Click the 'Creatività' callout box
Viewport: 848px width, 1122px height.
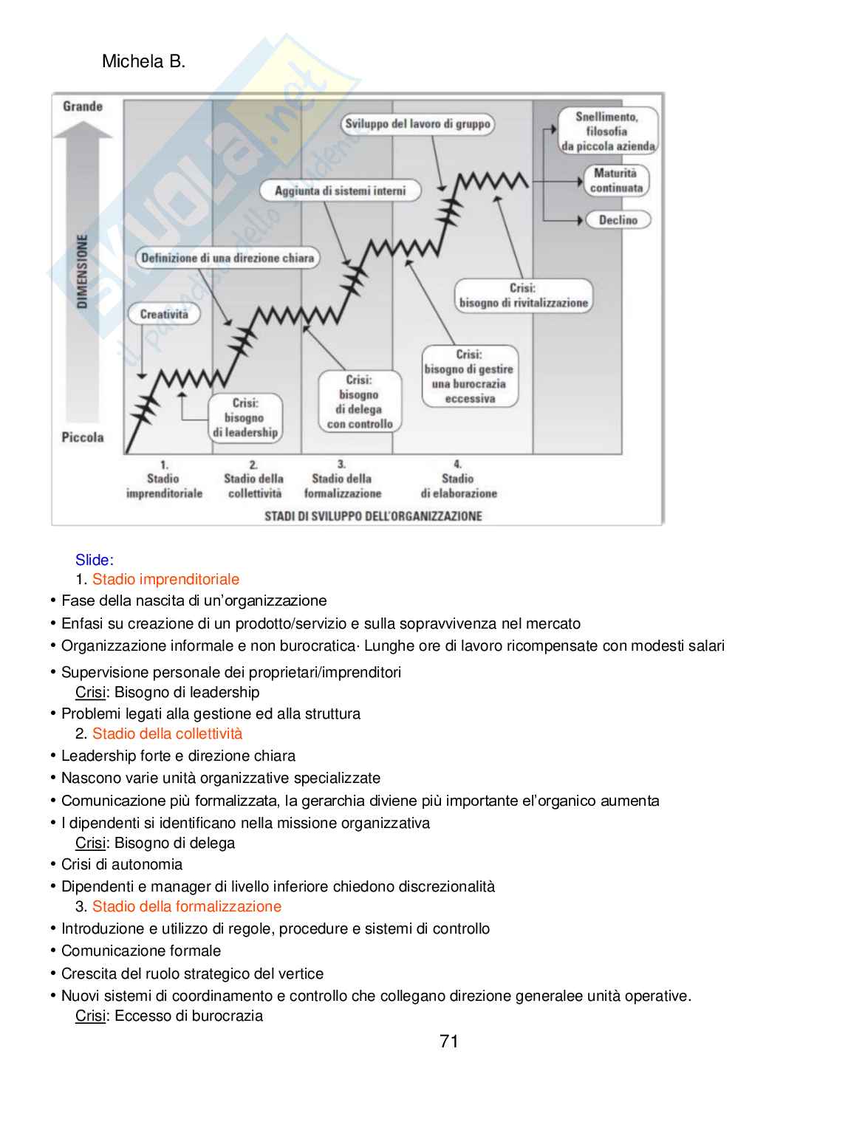pos(164,314)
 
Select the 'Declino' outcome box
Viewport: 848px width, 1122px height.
pos(618,220)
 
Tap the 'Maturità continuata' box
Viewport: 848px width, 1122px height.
pos(616,181)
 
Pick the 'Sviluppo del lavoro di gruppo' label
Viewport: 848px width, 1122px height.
pos(417,124)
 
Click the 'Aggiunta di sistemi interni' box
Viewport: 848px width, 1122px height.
pos(340,191)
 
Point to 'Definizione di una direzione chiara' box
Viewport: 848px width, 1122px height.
pos(228,258)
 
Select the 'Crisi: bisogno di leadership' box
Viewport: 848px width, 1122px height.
pos(245,417)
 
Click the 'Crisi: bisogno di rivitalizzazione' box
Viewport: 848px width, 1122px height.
pos(523,295)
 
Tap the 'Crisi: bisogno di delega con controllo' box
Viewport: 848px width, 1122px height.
pos(359,402)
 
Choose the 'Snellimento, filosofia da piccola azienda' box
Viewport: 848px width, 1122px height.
pos(607,131)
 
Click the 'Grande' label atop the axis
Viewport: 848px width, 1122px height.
pos(83,106)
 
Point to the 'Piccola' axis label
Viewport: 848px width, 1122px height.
pos(83,437)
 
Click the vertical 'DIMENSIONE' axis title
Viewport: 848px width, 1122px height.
pos(82,272)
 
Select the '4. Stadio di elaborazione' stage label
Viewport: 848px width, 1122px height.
pos(459,479)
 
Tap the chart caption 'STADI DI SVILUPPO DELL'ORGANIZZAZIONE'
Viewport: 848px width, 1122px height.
pos(373,516)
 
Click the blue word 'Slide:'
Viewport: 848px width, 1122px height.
pos(95,560)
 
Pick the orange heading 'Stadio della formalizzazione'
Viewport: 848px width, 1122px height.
pos(186,906)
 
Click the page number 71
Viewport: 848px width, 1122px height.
pos(449,1041)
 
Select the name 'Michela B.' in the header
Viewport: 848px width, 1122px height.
pos(143,61)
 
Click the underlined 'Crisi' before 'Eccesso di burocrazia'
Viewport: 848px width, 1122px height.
pos(90,1016)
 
